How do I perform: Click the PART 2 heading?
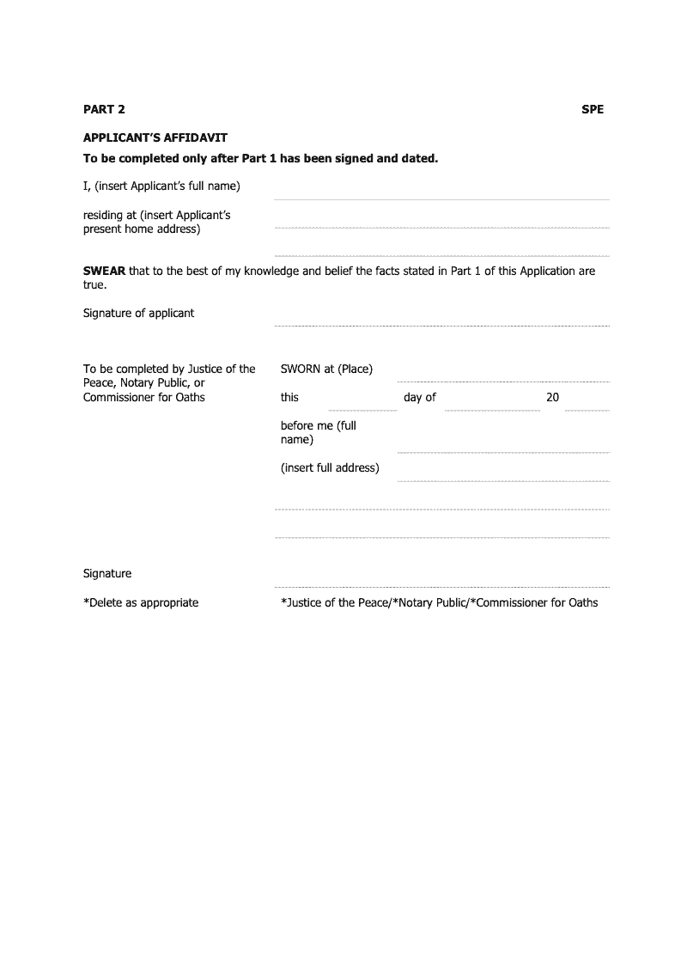[104, 109]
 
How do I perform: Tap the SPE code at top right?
[593, 109]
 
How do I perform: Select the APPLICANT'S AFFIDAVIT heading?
[155, 137]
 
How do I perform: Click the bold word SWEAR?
[104, 272]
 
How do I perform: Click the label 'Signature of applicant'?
[138, 314]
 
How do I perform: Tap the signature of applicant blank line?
[441, 325]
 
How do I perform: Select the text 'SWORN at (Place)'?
[326, 369]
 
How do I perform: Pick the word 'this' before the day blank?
[289, 398]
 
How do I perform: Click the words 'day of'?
[420, 398]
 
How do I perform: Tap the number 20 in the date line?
[552, 398]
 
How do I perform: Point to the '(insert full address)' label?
[330, 468]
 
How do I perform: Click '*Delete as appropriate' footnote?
[141, 603]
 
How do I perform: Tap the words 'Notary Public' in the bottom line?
[433, 603]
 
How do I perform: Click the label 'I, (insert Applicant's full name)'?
[161, 186]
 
